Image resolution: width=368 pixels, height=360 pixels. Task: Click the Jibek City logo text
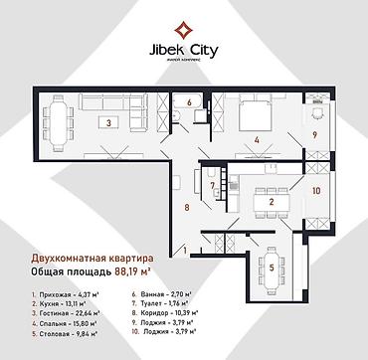point(184,45)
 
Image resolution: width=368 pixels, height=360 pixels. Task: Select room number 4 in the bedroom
point(257,140)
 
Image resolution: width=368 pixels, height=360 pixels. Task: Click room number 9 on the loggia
point(316,134)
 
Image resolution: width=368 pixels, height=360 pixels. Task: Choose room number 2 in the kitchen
point(271,203)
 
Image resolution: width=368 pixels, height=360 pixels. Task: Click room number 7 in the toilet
point(213,186)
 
